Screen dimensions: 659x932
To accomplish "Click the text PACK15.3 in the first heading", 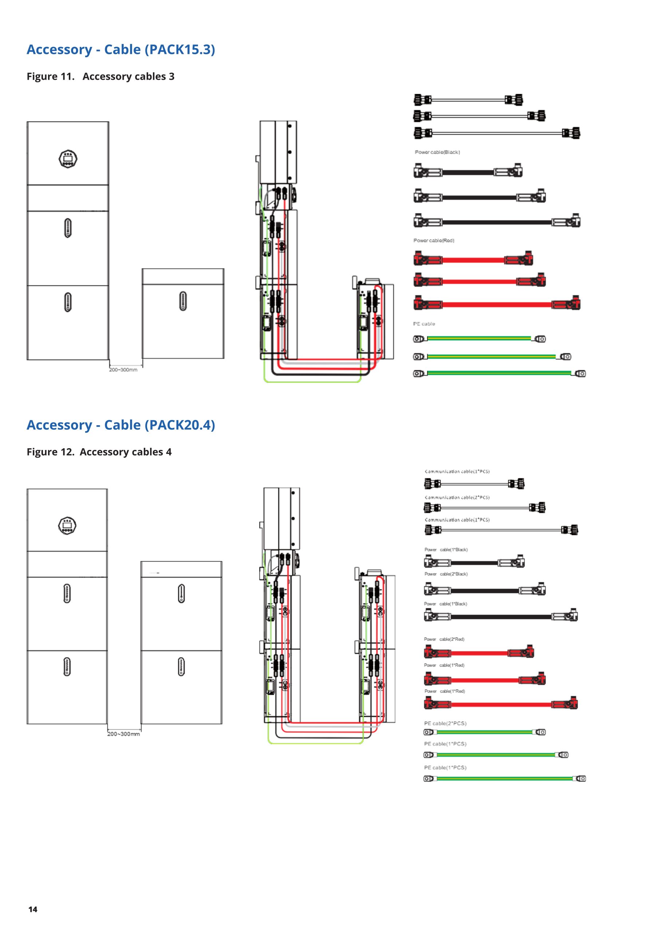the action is pyautogui.click(x=180, y=50).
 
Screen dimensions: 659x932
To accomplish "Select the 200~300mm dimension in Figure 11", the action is pyautogui.click(x=123, y=370).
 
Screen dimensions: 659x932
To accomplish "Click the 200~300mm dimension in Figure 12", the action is pyautogui.click(x=124, y=734).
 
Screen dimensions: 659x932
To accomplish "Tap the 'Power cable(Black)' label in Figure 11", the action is pyautogui.click(x=437, y=152).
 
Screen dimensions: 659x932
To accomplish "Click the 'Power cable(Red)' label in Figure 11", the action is pyautogui.click(x=434, y=241).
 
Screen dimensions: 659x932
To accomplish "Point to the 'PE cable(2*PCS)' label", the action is pyautogui.click(x=445, y=723).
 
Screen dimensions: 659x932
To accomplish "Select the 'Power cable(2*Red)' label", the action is pyautogui.click(x=444, y=639).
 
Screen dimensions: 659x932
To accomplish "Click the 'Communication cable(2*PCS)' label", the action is pyautogui.click(x=457, y=498).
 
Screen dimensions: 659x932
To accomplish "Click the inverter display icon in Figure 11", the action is pyautogui.click(x=68, y=159).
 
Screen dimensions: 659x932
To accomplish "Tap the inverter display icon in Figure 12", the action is pyautogui.click(x=67, y=526).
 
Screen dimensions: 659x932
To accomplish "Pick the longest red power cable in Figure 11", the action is pyautogui.click(x=497, y=304).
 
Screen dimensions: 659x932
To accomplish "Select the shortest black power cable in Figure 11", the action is pyautogui.click(x=468, y=171).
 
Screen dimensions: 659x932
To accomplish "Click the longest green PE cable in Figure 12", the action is pyautogui.click(x=505, y=779).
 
